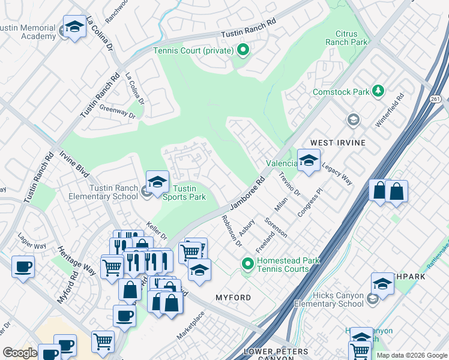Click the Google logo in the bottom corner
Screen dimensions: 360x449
(20, 353)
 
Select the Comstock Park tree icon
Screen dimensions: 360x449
(378, 91)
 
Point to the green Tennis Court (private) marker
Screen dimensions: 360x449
(243, 50)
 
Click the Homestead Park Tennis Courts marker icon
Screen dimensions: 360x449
(247, 263)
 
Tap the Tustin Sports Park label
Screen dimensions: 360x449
(185, 192)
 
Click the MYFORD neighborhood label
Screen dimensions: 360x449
(232, 298)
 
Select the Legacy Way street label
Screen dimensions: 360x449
(337, 173)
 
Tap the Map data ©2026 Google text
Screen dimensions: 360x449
(412, 355)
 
